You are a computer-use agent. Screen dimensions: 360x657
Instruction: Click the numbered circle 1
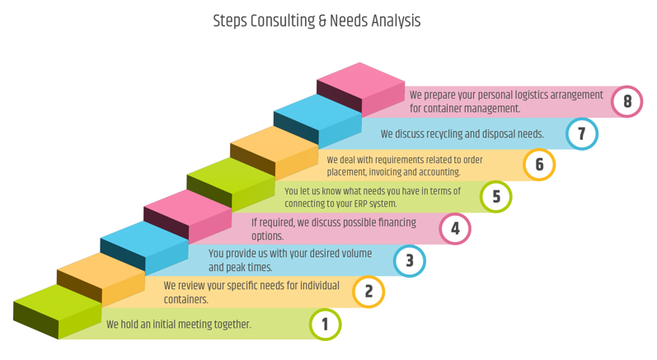click(x=325, y=324)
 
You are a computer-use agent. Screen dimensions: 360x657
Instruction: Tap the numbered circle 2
click(x=368, y=291)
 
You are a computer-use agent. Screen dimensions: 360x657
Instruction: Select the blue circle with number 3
click(x=410, y=261)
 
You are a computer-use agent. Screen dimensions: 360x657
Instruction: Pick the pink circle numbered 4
click(x=455, y=228)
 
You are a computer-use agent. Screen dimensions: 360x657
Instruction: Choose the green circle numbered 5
click(x=496, y=196)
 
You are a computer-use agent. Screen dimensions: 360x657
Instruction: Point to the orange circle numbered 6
click(x=539, y=164)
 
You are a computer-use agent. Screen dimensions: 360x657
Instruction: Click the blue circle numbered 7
click(x=582, y=133)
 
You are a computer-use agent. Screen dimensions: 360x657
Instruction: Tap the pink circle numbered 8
click(x=627, y=101)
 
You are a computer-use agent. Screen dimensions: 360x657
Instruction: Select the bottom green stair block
click(x=58, y=303)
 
